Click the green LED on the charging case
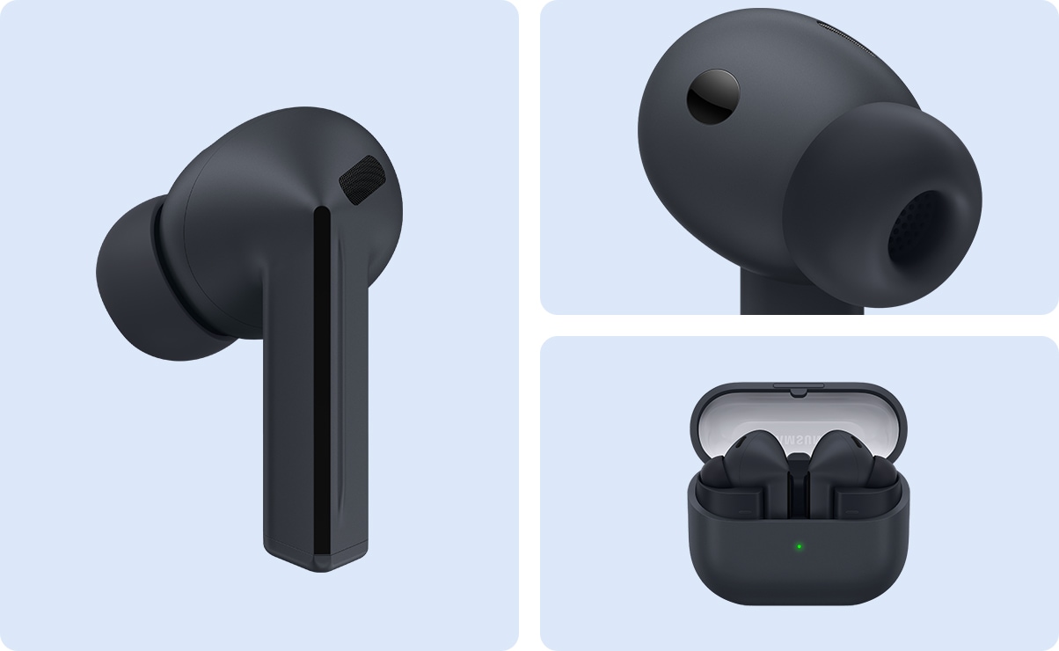(799, 546)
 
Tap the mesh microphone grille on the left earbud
(362, 179)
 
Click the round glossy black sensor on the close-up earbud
(712, 96)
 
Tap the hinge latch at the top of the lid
(799, 387)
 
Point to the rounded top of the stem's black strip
(322, 214)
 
